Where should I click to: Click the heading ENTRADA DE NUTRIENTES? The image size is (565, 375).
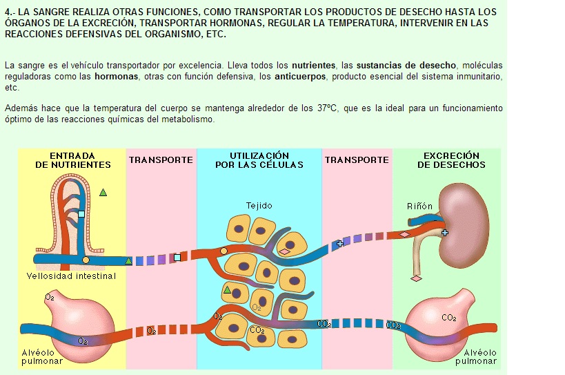pos(72,160)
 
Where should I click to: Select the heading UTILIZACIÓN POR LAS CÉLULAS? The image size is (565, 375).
pos(259,160)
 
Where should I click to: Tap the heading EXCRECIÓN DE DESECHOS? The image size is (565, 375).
pos(451,160)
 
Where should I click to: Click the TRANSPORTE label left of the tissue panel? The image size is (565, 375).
pos(161,160)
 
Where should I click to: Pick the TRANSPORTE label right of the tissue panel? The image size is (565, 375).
pos(357,160)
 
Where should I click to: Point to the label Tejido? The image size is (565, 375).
pos(259,206)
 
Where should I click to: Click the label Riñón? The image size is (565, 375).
pos(420,206)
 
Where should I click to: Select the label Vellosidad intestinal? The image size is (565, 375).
pos(71,276)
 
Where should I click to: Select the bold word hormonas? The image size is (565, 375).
pos(115,77)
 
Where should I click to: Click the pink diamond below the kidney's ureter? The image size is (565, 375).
pos(415,278)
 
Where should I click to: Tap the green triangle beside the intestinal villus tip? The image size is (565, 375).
pos(103,193)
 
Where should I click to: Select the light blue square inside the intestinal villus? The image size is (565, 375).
pos(81,215)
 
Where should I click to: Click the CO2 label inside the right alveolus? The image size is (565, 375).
pos(448,318)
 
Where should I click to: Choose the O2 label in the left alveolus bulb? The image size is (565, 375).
pos(50,298)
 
